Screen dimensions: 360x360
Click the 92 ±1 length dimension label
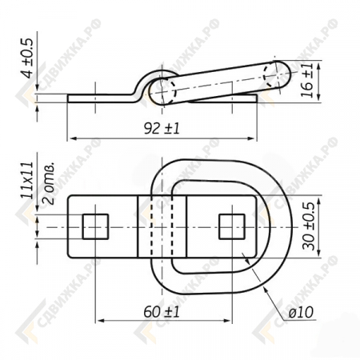click(x=162, y=128)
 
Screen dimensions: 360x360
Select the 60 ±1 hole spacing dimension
click(x=162, y=311)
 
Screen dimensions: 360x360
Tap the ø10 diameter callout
click(x=301, y=312)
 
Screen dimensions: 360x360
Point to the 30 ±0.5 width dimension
click(x=308, y=226)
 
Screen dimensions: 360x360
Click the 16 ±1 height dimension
click(x=307, y=80)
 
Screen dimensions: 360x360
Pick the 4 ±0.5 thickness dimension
click(x=28, y=58)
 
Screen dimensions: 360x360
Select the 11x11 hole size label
click(x=28, y=180)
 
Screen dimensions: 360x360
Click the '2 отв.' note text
click(x=49, y=183)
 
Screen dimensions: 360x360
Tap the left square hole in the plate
click(x=95, y=226)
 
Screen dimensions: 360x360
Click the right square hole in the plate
click(x=232, y=226)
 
